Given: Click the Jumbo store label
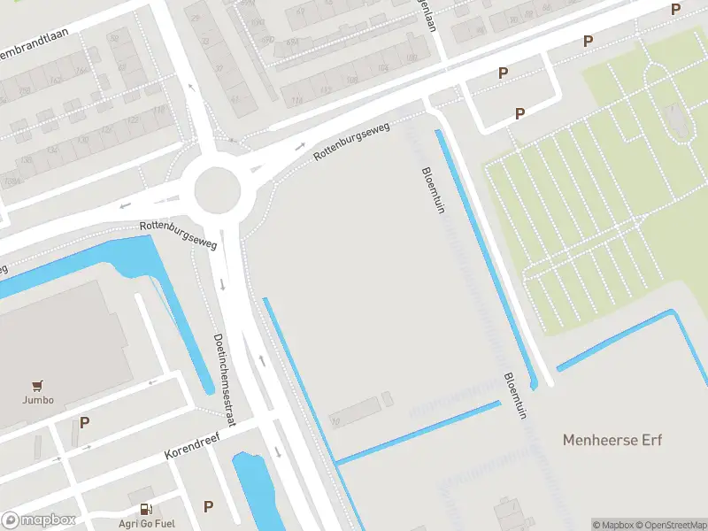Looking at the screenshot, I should [x=38, y=399].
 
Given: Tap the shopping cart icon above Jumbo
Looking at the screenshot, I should [x=37, y=385].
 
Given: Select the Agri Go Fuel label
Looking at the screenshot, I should [x=146, y=522].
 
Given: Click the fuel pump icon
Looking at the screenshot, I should [x=145, y=509].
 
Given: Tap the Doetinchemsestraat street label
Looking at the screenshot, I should [x=225, y=380].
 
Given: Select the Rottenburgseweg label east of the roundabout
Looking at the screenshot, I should [x=351, y=142].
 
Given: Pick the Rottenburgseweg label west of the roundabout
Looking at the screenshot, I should [x=178, y=235].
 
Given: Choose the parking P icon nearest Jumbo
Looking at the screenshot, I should [x=84, y=422].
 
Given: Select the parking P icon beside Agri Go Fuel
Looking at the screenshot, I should [x=208, y=506].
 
